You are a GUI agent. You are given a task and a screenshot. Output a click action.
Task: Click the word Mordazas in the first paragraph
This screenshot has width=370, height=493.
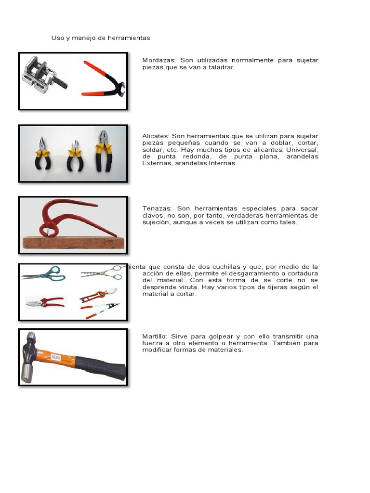159,61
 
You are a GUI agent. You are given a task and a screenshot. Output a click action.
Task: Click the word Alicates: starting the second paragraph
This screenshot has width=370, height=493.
156,136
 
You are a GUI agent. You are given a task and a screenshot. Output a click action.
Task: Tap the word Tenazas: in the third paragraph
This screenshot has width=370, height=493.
156,208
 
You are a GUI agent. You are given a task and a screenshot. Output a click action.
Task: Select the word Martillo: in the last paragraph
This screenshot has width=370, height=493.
155,336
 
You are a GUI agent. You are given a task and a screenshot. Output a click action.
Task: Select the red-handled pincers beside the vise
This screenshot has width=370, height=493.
102,78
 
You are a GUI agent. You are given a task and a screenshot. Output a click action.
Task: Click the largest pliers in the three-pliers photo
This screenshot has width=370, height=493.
103,149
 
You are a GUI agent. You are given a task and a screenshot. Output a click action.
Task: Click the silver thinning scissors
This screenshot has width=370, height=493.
102,272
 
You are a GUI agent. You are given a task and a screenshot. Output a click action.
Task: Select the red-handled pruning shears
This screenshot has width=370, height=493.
45,302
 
